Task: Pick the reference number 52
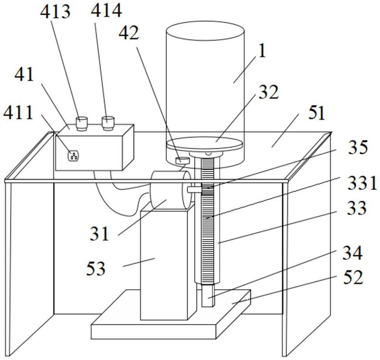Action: point(352,277)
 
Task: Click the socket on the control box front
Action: point(73,155)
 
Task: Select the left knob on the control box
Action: point(82,123)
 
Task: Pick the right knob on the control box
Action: point(108,122)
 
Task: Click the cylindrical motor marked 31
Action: point(170,189)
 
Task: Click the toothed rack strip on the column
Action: point(208,228)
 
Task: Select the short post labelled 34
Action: point(208,295)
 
